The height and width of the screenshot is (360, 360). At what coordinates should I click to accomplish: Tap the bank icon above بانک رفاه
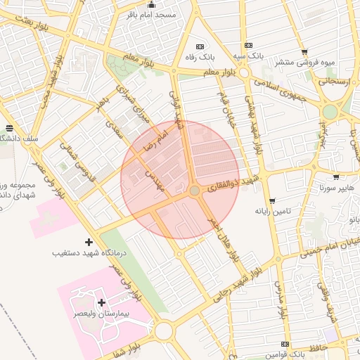tap(207, 44)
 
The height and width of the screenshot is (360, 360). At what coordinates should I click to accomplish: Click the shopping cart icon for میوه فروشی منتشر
tap(304, 52)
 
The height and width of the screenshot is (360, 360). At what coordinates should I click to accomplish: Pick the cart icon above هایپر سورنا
tap(336, 178)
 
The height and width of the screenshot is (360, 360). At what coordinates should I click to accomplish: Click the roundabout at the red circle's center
tap(195, 191)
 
